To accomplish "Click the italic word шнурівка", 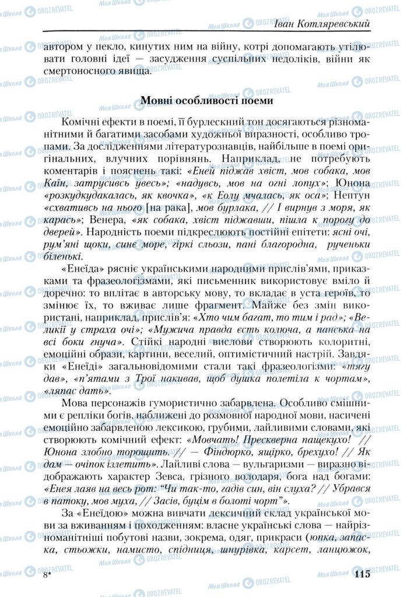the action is (x=235, y=549).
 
